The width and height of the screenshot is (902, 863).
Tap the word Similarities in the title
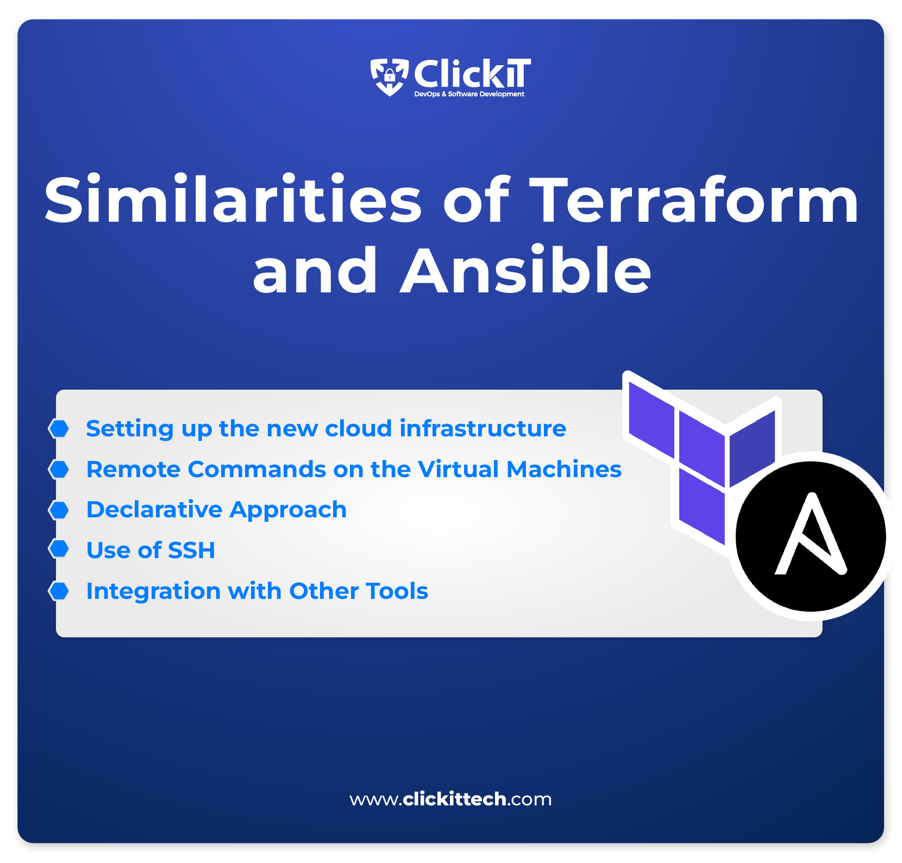tap(233, 200)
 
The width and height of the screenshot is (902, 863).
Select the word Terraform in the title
tap(694, 200)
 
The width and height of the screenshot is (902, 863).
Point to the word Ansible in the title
tap(526, 270)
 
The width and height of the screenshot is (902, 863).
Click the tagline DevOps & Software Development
tap(469, 94)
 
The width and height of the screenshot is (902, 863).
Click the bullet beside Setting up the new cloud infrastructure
tap(59, 428)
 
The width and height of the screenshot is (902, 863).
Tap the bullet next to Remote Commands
tap(59, 469)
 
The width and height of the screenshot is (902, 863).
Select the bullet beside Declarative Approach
tap(59, 510)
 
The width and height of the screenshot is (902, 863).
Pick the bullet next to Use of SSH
tap(59, 549)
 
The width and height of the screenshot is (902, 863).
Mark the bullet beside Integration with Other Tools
tap(59, 591)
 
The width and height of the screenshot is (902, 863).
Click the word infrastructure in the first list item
tap(483, 428)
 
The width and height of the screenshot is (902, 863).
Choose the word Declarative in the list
tap(155, 510)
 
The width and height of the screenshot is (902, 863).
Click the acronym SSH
tap(192, 550)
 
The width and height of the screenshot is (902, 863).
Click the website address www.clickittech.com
tap(450, 799)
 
